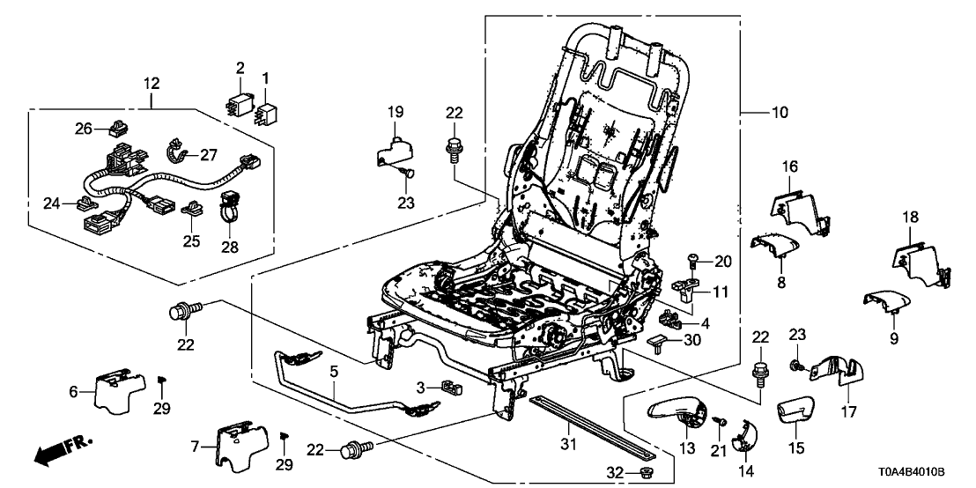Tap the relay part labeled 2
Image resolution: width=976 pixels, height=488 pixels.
239,102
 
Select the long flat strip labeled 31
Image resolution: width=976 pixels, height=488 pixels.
590,427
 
